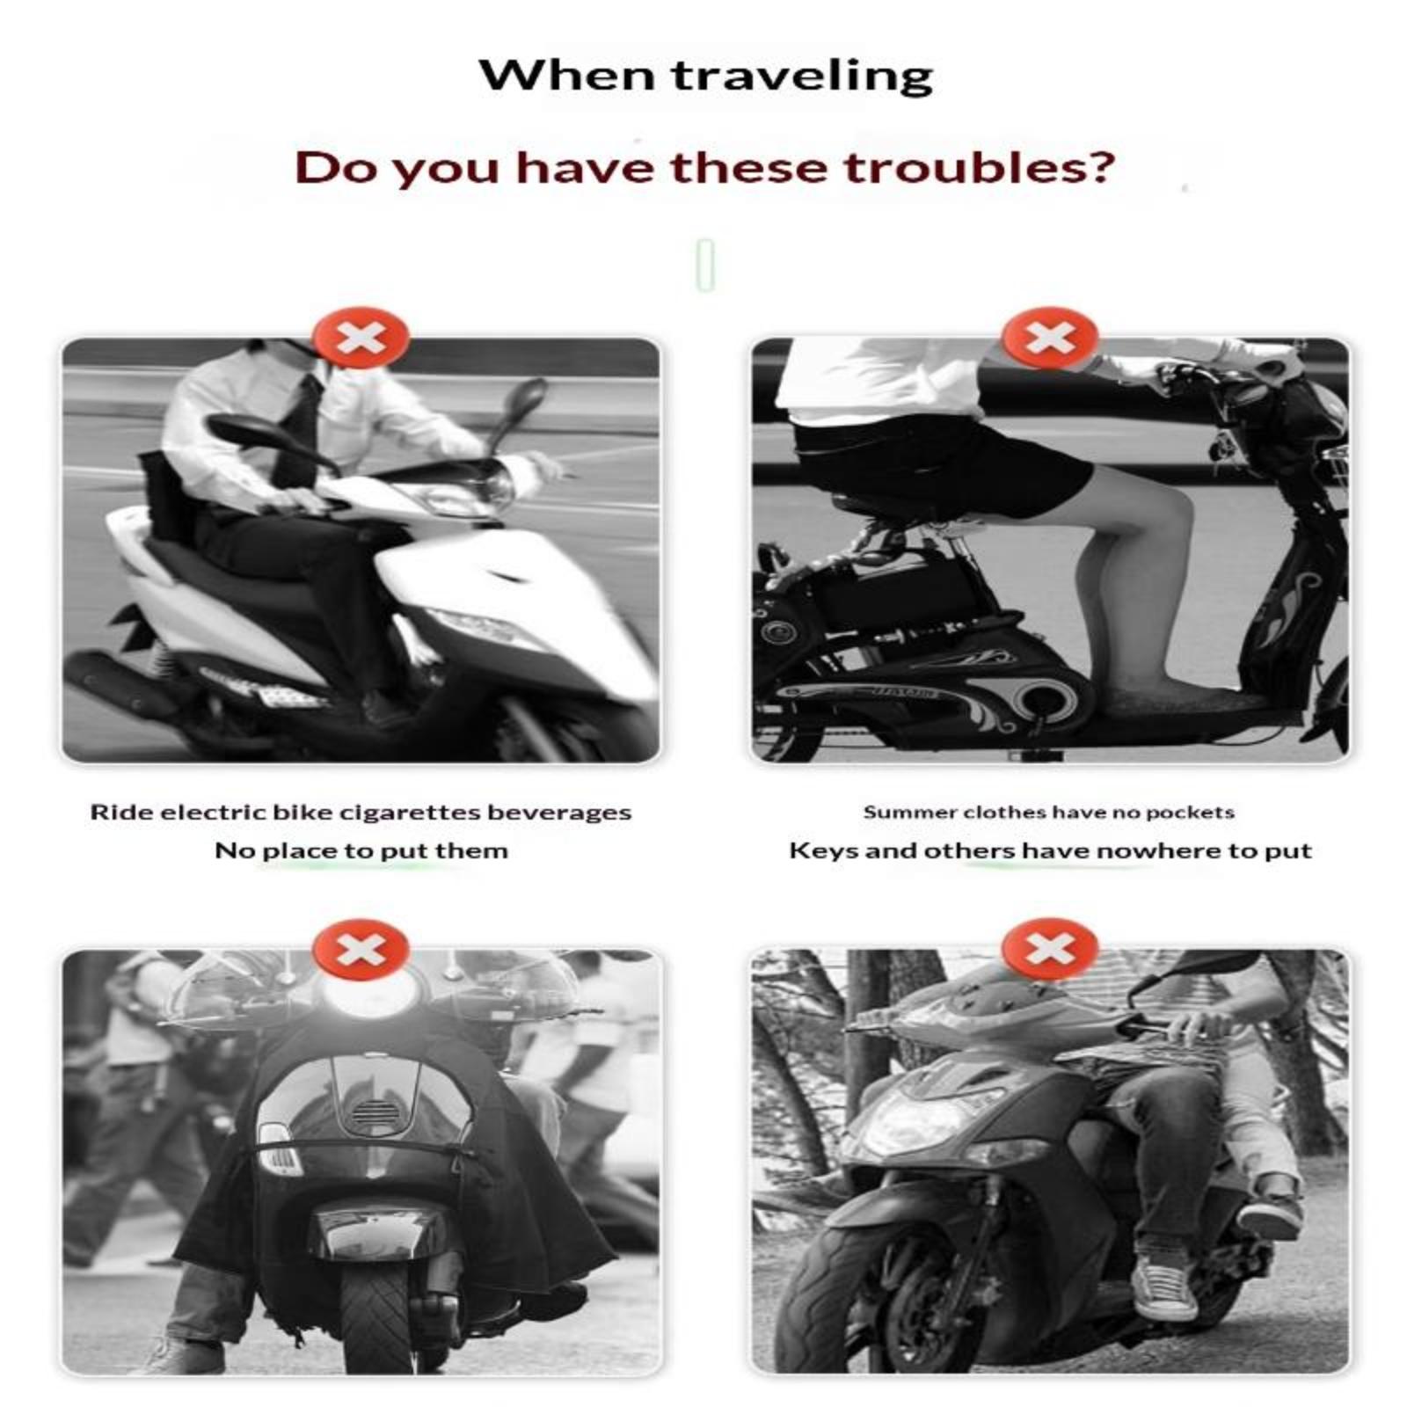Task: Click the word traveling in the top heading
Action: point(802,76)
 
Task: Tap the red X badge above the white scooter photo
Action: point(361,337)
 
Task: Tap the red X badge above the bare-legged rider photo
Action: point(1049,337)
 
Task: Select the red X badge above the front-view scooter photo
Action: point(361,950)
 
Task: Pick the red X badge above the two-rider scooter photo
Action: point(1049,950)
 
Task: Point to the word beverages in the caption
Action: point(559,813)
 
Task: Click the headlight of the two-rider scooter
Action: point(915,1120)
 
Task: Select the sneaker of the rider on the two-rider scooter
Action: point(1165,1287)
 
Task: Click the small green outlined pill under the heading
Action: point(704,264)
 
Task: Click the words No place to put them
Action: point(361,851)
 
